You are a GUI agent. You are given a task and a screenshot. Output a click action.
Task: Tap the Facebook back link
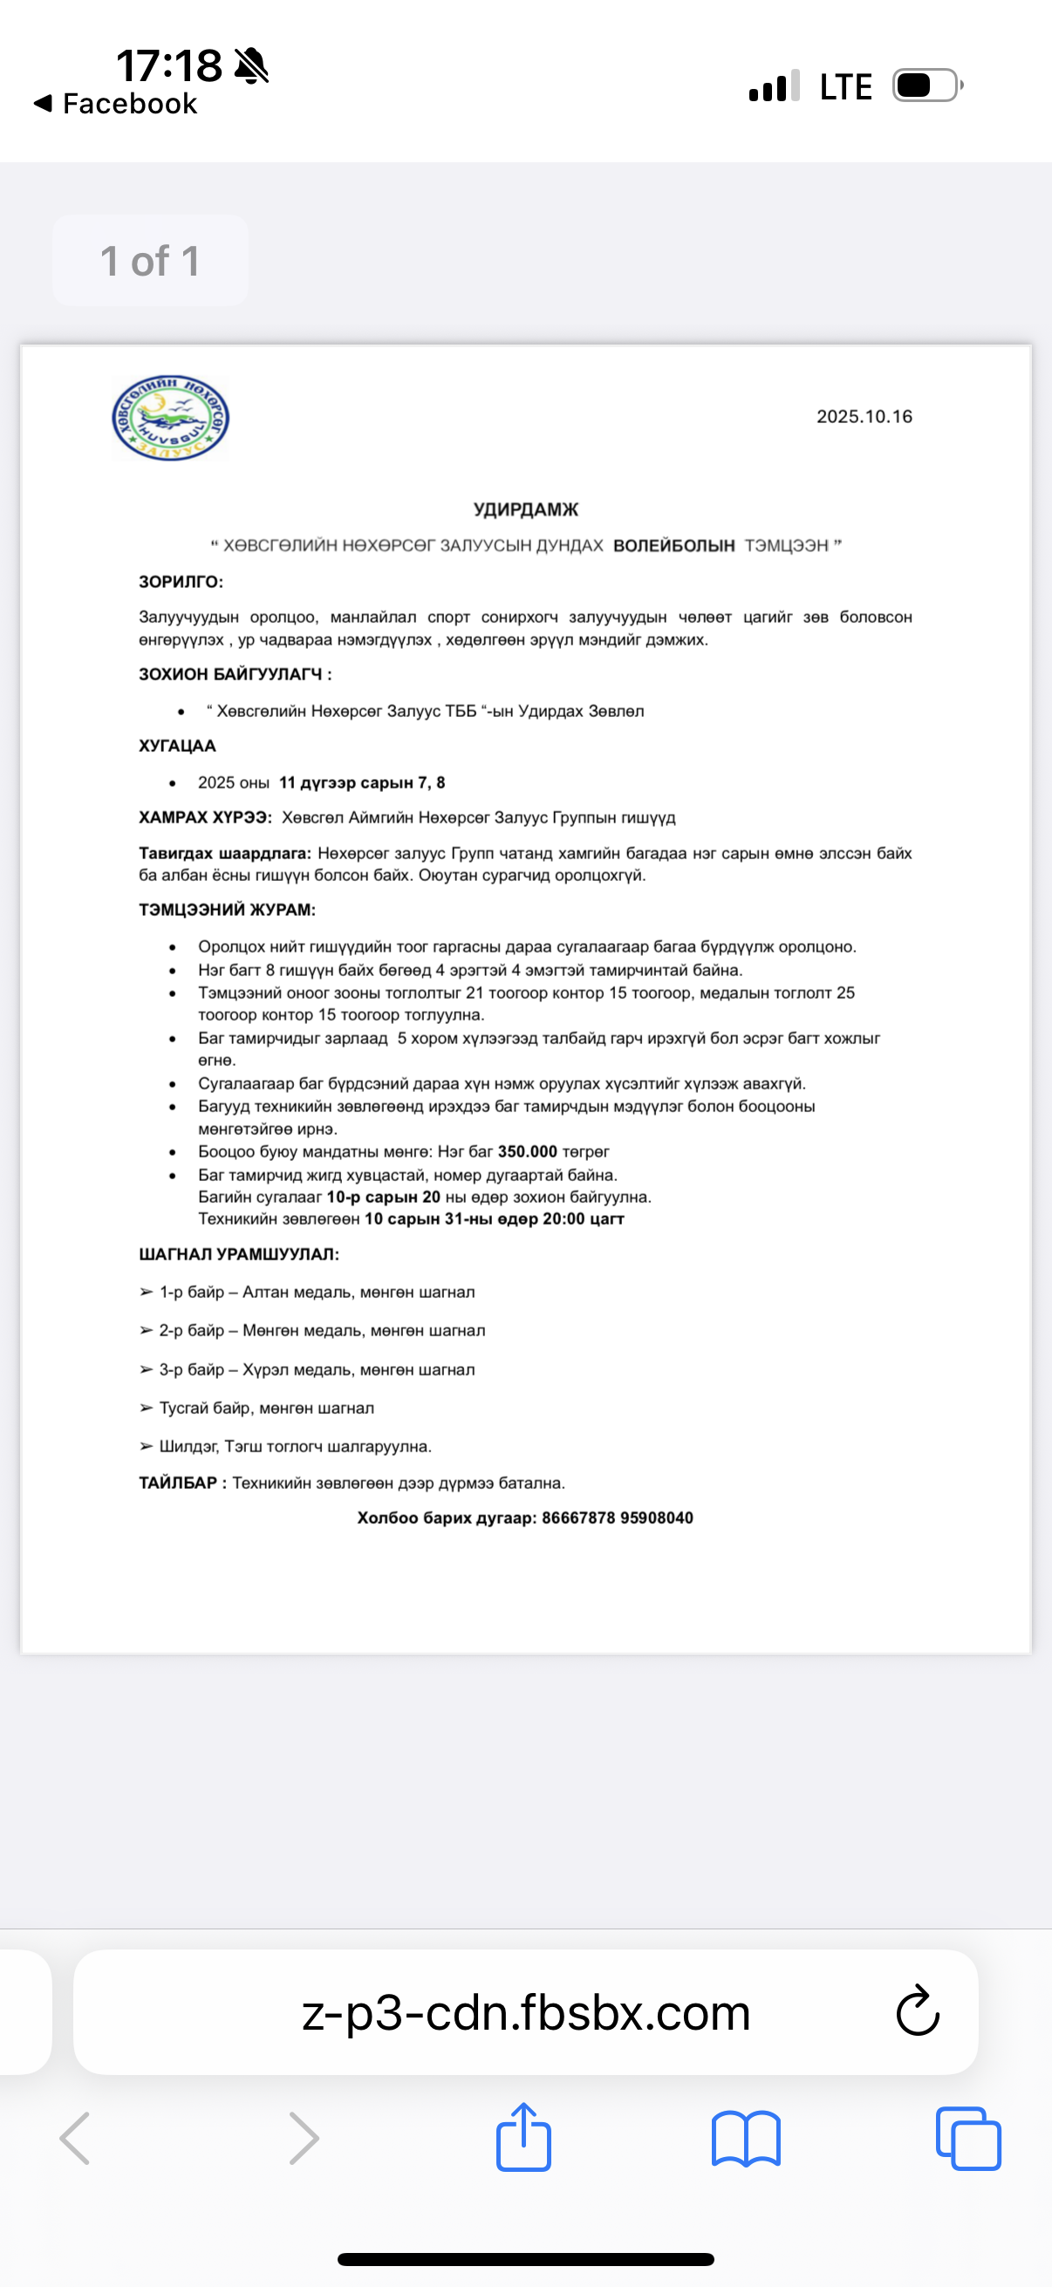click(115, 104)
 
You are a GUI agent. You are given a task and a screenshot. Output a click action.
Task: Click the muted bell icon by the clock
click(251, 65)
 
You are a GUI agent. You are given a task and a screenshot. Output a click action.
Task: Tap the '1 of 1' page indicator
click(150, 261)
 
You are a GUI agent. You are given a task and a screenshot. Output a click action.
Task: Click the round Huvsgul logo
click(170, 418)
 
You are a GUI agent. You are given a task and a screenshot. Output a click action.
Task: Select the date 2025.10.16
click(864, 416)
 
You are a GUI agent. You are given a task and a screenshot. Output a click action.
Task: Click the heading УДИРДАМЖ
click(525, 509)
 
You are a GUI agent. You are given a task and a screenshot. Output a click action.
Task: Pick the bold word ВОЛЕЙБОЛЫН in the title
click(673, 545)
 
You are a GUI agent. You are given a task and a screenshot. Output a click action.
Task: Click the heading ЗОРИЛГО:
click(181, 582)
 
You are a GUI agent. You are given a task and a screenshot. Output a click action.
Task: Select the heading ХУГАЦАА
click(178, 746)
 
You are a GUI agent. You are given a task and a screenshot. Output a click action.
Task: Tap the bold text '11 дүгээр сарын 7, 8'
click(362, 782)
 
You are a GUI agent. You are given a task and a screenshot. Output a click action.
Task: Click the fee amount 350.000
click(528, 1151)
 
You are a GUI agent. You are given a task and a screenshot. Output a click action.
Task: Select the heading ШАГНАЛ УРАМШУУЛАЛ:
click(239, 1254)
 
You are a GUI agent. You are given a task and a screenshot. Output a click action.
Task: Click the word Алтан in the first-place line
click(265, 1292)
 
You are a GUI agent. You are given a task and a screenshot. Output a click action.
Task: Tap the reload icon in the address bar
click(917, 2011)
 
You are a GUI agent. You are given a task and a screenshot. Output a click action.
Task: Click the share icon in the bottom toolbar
click(523, 2138)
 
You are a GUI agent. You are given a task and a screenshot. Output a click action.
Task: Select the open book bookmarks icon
click(746, 2139)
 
